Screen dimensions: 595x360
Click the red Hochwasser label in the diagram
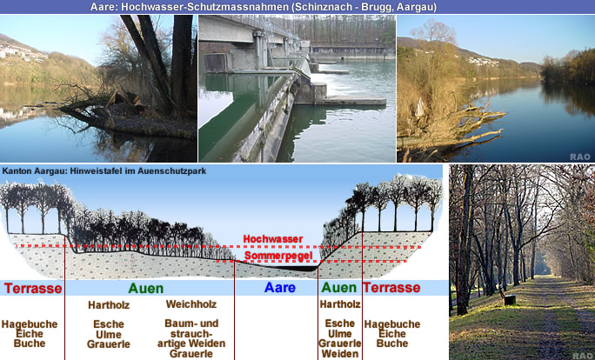click(x=273, y=239)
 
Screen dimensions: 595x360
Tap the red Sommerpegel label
click(x=278, y=256)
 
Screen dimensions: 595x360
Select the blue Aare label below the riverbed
click(x=279, y=288)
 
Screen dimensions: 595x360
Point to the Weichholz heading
click(x=191, y=304)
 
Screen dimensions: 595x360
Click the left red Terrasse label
click(x=33, y=289)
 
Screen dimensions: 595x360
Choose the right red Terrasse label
click(x=391, y=288)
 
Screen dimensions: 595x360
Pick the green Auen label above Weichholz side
click(x=146, y=289)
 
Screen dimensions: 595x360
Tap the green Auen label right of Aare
click(x=339, y=288)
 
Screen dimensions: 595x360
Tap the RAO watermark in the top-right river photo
click(x=580, y=157)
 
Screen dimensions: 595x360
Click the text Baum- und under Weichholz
click(x=191, y=323)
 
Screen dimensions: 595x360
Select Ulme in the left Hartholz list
click(x=109, y=335)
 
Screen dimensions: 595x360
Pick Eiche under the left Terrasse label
click(x=30, y=334)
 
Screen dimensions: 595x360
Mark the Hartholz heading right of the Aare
click(x=340, y=304)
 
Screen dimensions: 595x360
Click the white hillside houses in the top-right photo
click(x=483, y=61)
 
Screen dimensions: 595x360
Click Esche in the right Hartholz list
click(x=340, y=323)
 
